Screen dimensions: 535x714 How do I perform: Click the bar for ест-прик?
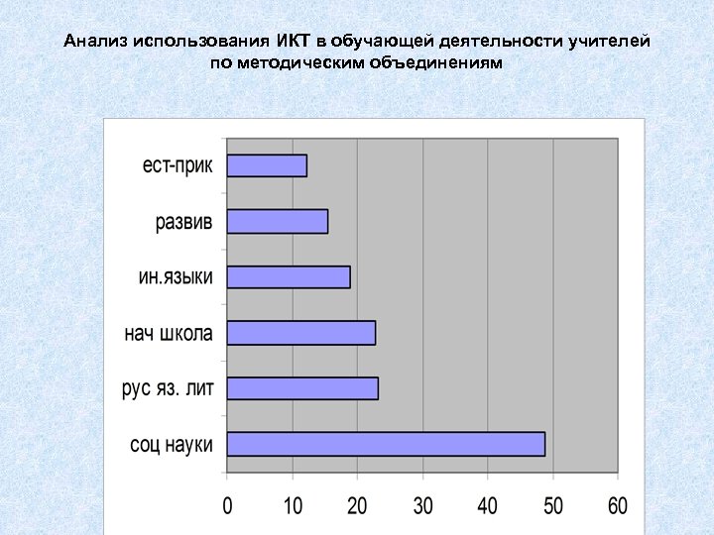[x=267, y=165]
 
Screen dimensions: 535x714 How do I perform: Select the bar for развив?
[x=277, y=221]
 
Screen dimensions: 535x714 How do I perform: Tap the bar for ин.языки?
[x=289, y=276]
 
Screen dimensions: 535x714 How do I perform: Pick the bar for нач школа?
[x=300, y=333]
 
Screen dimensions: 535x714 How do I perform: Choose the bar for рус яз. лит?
[x=302, y=388]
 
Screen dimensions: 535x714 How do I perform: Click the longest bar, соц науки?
[x=386, y=444]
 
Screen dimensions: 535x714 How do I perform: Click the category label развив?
[x=183, y=222]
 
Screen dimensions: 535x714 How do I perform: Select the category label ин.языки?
[x=175, y=276]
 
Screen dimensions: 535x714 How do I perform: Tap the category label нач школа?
[x=168, y=333]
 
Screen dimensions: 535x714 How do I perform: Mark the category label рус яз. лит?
[x=167, y=388]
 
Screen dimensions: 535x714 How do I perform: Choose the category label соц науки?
[x=172, y=445]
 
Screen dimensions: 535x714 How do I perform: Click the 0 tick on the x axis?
[x=227, y=506]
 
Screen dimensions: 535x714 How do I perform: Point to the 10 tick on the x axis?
[x=293, y=506]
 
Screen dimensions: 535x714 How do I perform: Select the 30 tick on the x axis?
[x=422, y=506]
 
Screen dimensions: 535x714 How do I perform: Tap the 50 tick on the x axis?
[x=552, y=506]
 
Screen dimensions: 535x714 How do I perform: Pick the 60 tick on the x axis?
[x=617, y=506]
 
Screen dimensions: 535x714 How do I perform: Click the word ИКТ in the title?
[x=293, y=42]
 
